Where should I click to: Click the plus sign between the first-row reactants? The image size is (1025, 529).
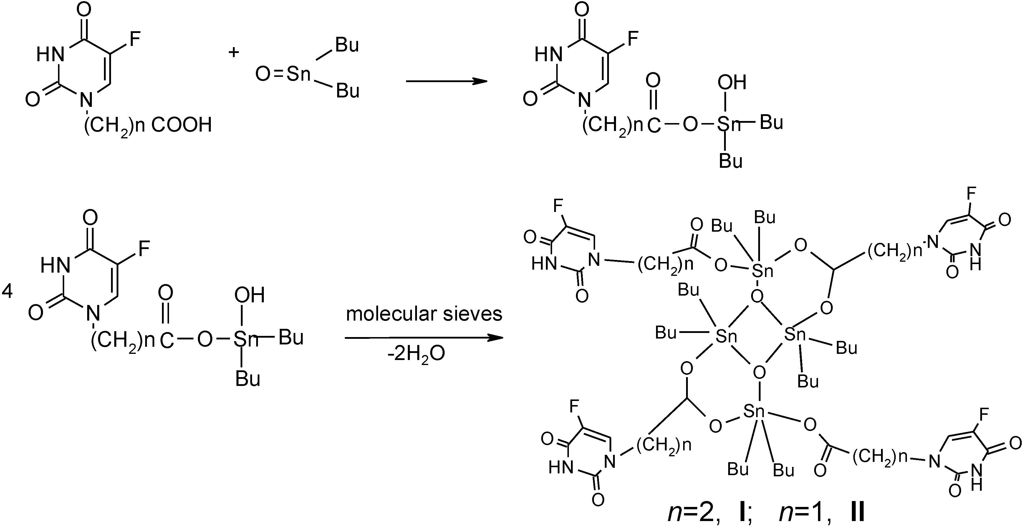(x=234, y=52)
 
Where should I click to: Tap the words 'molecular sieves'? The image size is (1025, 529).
(x=424, y=314)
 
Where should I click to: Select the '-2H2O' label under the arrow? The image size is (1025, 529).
(x=416, y=354)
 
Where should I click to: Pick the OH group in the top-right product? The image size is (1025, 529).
(x=731, y=83)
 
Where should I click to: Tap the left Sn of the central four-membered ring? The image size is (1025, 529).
(x=726, y=336)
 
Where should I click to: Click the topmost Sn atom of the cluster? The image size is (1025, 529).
(x=762, y=271)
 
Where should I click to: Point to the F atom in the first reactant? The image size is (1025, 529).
(x=135, y=39)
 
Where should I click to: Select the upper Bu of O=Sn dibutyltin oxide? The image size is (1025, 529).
(x=347, y=45)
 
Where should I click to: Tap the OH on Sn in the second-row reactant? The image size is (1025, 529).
(x=249, y=295)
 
